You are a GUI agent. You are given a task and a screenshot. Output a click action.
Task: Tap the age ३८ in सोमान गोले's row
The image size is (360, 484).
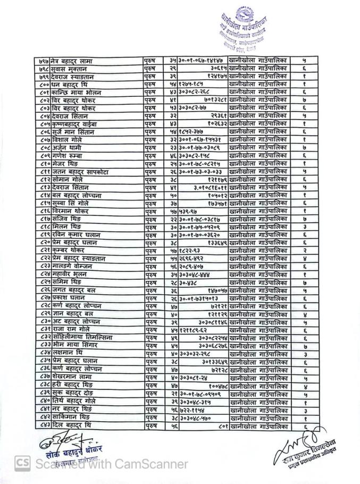(x=170, y=180)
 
